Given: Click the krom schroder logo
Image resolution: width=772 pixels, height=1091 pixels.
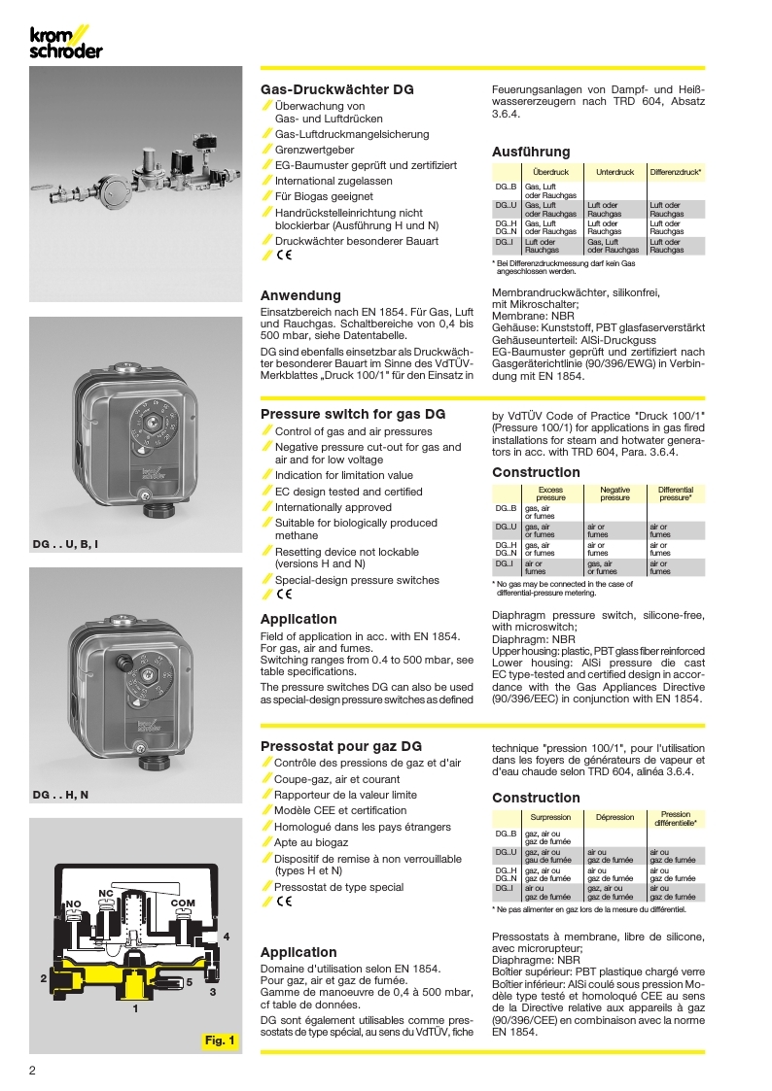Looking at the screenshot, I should tap(64, 43).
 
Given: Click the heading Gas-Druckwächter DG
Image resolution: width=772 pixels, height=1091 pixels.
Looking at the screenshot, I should tap(336, 89).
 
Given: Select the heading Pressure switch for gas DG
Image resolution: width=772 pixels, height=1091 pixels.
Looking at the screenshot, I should tap(353, 414).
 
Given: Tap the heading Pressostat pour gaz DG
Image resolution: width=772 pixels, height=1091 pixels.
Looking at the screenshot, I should tap(341, 746).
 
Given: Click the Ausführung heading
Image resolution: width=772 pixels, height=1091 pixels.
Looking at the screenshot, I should tap(531, 152).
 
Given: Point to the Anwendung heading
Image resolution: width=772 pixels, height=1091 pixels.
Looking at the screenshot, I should tap(300, 295).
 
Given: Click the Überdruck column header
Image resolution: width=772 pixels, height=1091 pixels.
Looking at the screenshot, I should tap(551, 172).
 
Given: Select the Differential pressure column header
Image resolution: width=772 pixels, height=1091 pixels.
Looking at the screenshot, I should tap(675, 493).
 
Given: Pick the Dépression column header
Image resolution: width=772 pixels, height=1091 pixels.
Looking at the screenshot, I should tap(614, 817).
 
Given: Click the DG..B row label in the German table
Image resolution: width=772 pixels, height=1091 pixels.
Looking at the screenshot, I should tap(506, 186).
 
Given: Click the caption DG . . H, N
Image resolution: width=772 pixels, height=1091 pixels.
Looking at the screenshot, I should tap(60, 795).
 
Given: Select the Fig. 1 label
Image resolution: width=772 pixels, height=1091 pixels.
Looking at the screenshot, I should tap(219, 1041).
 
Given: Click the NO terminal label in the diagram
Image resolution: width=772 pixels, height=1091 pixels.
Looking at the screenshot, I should tap(73, 903).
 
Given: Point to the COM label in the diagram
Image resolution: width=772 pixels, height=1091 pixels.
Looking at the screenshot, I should tap(183, 903).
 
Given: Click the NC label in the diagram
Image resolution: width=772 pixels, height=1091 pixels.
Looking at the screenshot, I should tap(108, 892).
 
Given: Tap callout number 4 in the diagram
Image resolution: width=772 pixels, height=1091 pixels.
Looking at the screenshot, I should tap(226, 936).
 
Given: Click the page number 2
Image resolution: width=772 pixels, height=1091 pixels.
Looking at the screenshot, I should tap(33, 1071).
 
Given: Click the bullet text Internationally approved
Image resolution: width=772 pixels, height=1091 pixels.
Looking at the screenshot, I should tap(333, 507).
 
